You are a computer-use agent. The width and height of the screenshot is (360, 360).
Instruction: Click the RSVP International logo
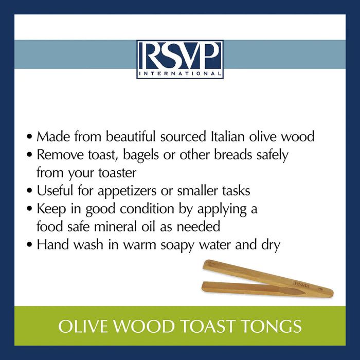(x=180, y=59)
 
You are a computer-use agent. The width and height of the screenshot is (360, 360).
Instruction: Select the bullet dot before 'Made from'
(x=30, y=138)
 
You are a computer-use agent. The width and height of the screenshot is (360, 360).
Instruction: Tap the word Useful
(x=52, y=190)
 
